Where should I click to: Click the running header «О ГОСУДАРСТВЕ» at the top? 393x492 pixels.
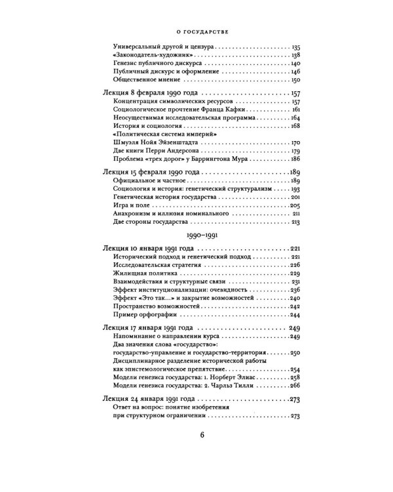(x=196, y=31)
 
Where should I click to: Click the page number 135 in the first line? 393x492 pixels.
(x=295, y=48)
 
